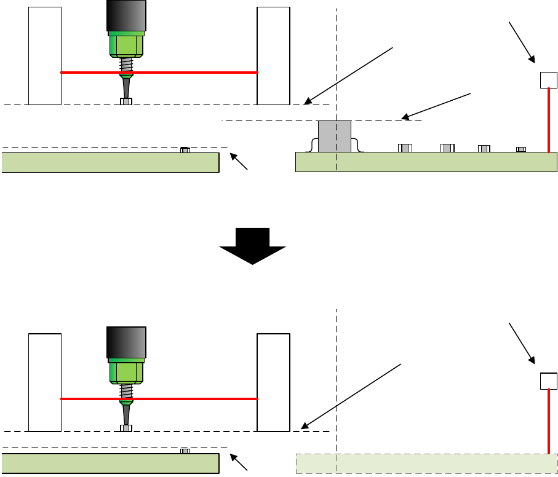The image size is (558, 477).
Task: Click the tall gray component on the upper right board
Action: click(x=334, y=136)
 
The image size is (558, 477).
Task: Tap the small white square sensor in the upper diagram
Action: click(x=548, y=80)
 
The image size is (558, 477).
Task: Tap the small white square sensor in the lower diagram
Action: click(x=548, y=381)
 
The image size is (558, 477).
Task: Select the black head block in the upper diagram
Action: click(x=126, y=15)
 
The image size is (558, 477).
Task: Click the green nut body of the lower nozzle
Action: click(x=126, y=371)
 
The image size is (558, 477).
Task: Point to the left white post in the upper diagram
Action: click(x=45, y=55)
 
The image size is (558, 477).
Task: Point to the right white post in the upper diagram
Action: click(x=273, y=55)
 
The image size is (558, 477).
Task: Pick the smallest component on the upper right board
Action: click(x=521, y=149)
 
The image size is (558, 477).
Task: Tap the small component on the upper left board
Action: click(x=185, y=150)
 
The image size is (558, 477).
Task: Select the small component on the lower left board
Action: click(x=185, y=451)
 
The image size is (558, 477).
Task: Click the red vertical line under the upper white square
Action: click(x=549, y=120)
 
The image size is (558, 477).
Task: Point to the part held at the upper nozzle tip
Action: click(x=126, y=101)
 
